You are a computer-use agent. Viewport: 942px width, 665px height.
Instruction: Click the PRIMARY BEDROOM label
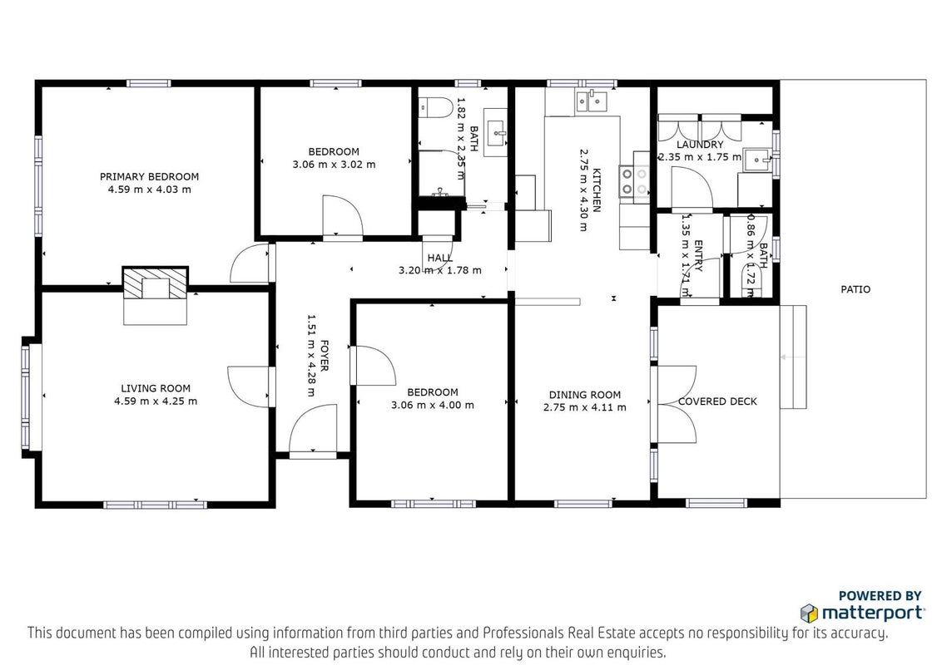[149, 176]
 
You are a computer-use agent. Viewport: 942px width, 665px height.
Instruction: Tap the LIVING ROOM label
[156, 388]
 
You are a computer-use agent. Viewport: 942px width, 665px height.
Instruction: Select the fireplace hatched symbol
[156, 283]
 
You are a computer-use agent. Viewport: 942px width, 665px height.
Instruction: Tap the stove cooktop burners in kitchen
[634, 182]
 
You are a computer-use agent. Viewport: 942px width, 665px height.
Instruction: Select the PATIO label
[855, 289]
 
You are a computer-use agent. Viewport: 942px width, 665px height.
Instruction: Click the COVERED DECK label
[717, 401]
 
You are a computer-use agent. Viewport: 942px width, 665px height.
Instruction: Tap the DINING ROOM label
[584, 394]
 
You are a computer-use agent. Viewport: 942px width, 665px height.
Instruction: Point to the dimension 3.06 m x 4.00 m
[433, 405]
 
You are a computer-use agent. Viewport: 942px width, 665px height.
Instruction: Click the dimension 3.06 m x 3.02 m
[334, 165]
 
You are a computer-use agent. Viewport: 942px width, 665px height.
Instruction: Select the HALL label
[440, 258]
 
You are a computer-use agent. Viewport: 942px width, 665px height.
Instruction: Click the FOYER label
[324, 355]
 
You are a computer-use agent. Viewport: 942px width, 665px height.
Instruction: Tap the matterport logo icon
[809, 613]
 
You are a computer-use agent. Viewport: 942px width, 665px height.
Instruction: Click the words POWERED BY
[880, 596]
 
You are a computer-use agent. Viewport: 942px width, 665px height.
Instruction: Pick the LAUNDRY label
[700, 145]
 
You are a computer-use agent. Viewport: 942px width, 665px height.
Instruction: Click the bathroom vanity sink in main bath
[496, 133]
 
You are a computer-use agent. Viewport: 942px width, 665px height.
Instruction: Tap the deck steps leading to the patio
[793, 357]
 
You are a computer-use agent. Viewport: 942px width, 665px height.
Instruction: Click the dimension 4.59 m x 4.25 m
[156, 401]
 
